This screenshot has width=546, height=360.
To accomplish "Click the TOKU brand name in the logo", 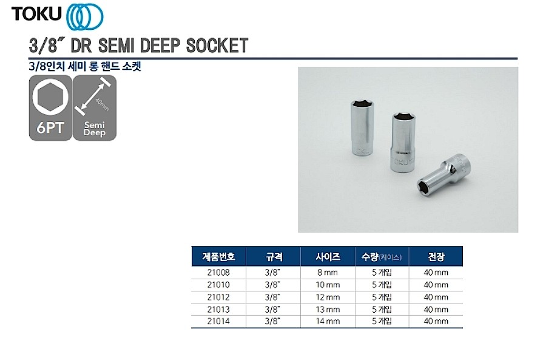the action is click(36, 14).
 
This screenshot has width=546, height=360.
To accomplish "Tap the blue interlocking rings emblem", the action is click(84, 16).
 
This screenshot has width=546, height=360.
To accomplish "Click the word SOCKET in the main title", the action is click(217, 46).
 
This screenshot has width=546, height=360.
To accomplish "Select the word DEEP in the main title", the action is click(160, 46).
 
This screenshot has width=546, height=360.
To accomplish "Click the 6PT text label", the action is click(50, 127).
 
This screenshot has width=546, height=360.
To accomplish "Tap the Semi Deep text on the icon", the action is click(95, 129).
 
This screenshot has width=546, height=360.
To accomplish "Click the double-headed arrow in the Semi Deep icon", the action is click(93, 96).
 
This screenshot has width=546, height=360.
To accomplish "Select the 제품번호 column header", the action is click(218, 257).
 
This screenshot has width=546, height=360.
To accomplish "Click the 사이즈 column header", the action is click(328, 257).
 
